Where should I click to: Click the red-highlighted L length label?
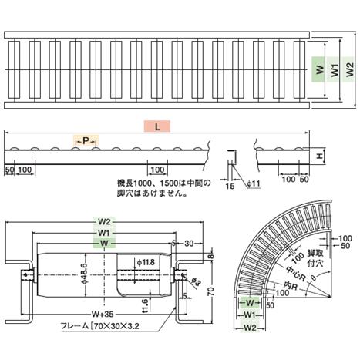point(157,126)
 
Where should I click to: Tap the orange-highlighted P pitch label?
point(87,141)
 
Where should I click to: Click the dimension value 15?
point(229,185)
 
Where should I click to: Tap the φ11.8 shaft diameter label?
point(145,263)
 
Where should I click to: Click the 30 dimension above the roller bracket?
point(189,244)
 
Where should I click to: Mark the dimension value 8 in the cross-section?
point(210,257)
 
